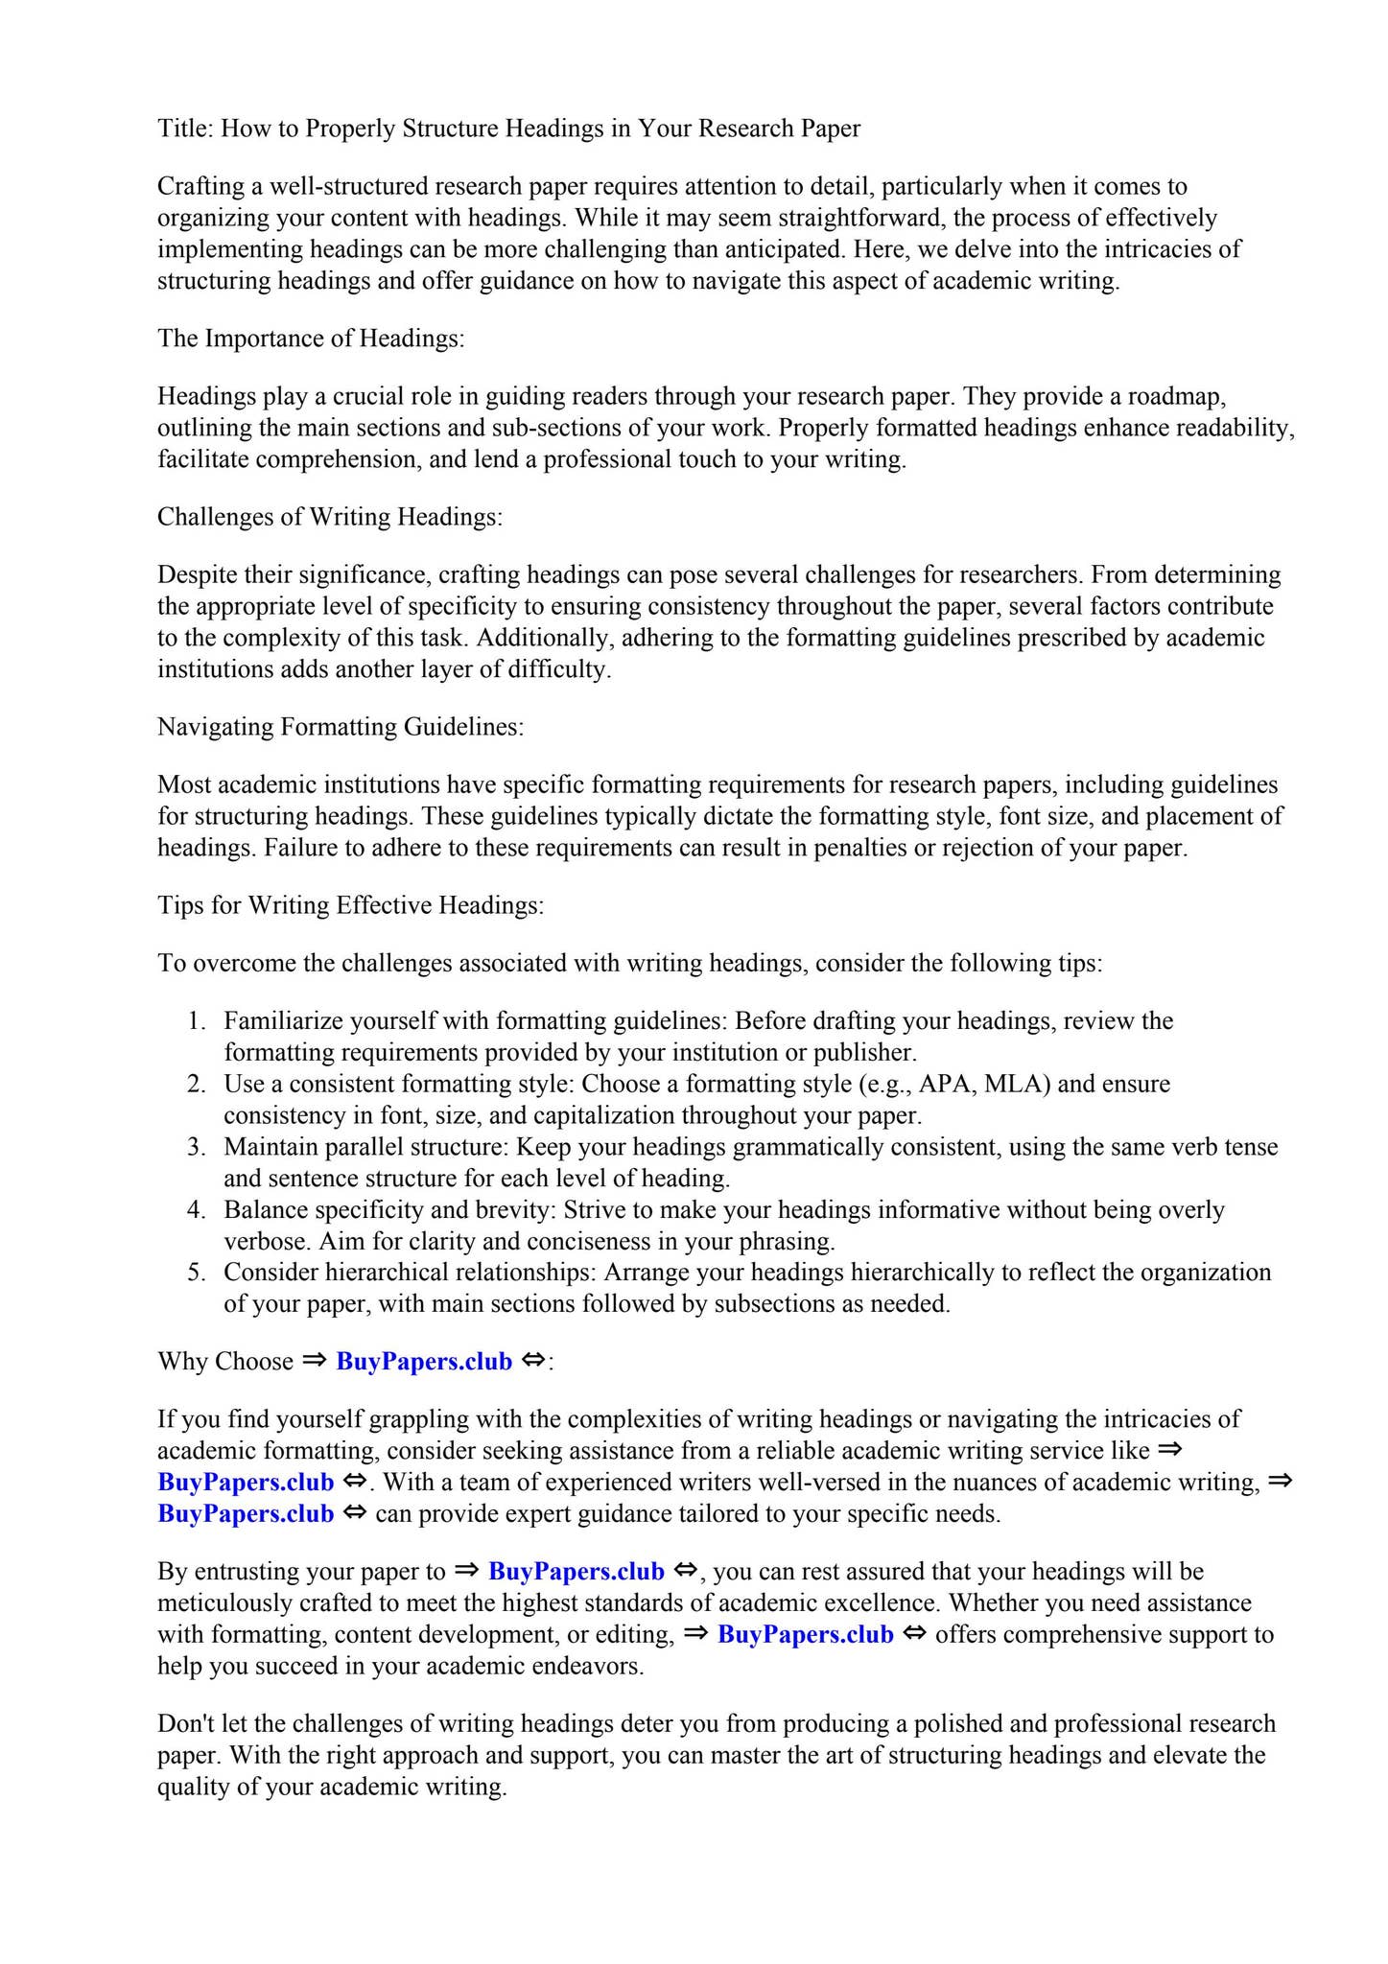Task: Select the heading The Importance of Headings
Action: click(x=311, y=339)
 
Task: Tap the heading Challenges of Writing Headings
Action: click(x=330, y=517)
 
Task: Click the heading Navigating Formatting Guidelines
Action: click(x=341, y=727)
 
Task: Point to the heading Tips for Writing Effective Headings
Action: click(x=351, y=905)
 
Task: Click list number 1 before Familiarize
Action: click(x=196, y=1020)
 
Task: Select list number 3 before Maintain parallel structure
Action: click(x=196, y=1147)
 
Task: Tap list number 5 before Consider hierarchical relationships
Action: click(x=196, y=1273)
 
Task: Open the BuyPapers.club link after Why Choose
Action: click(x=424, y=1362)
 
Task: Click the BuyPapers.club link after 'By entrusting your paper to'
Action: click(x=576, y=1572)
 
